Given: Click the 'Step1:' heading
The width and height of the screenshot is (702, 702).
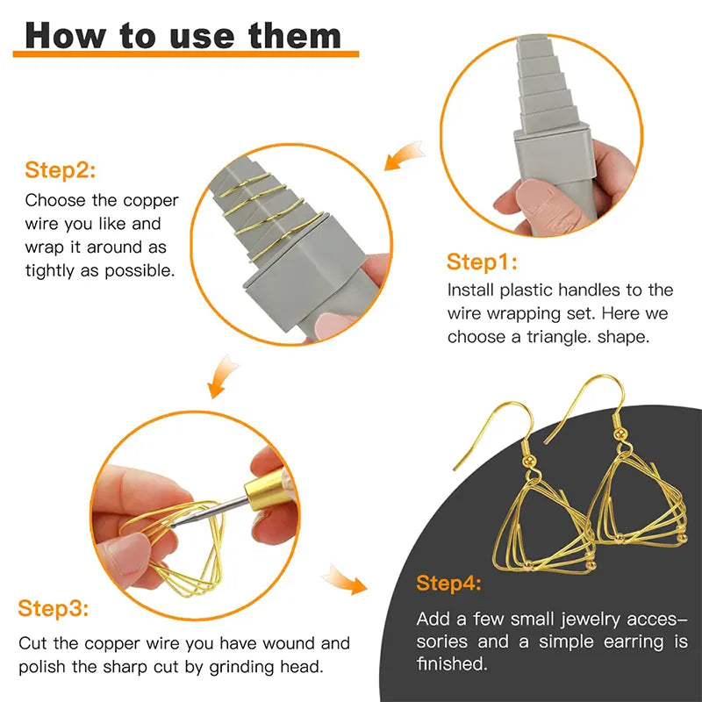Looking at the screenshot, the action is click(x=482, y=261).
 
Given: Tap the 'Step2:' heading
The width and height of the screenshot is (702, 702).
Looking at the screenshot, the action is click(x=60, y=170).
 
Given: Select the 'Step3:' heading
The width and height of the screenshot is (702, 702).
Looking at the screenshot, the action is click(x=53, y=608).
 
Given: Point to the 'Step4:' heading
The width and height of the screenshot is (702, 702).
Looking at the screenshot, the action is click(x=448, y=584).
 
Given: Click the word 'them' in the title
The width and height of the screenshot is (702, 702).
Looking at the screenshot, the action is click(x=295, y=35).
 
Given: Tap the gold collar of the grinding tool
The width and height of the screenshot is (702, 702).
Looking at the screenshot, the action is click(x=264, y=491).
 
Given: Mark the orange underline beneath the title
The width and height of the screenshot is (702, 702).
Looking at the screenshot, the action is click(x=186, y=54).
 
